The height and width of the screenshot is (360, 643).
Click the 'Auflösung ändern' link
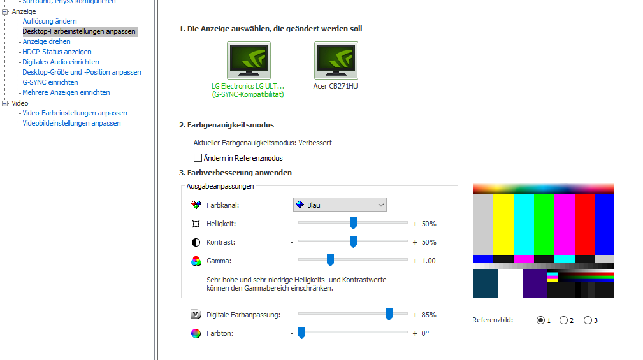(x=50, y=21)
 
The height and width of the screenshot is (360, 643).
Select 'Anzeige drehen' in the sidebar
(x=47, y=41)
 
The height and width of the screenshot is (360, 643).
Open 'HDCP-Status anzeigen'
(x=57, y=52)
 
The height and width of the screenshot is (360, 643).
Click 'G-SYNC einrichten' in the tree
(x=50, y=82)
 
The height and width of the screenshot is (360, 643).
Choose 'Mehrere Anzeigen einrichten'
(x=66, y=92)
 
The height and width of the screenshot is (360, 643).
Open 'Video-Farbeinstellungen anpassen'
(x=75, y=113)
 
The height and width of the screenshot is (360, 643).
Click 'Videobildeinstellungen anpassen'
(x=71, y=123)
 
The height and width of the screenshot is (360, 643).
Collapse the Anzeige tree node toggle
(x=5, y=12)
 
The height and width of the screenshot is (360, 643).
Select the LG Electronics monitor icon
(x=249, y=61)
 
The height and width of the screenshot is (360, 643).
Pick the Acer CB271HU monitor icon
(x=336, y=61)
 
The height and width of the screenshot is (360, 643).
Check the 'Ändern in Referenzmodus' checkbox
(x=198, y=158)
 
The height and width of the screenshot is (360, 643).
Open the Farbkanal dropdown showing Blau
(x=340, y=205)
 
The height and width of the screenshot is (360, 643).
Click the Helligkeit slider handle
(x=353, y=223)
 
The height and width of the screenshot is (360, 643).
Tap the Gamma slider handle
(x=330, y=260)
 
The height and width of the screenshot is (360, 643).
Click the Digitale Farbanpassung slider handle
(x=389, y=314)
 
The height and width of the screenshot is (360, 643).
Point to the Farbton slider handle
(x=301, y=333)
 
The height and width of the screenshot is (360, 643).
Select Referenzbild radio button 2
(x=563, y=320)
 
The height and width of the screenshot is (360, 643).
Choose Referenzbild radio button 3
(x=588, y=320)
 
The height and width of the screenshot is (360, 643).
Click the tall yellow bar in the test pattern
(x=503, y=224)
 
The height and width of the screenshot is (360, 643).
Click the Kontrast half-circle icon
(x=196, y=242)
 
